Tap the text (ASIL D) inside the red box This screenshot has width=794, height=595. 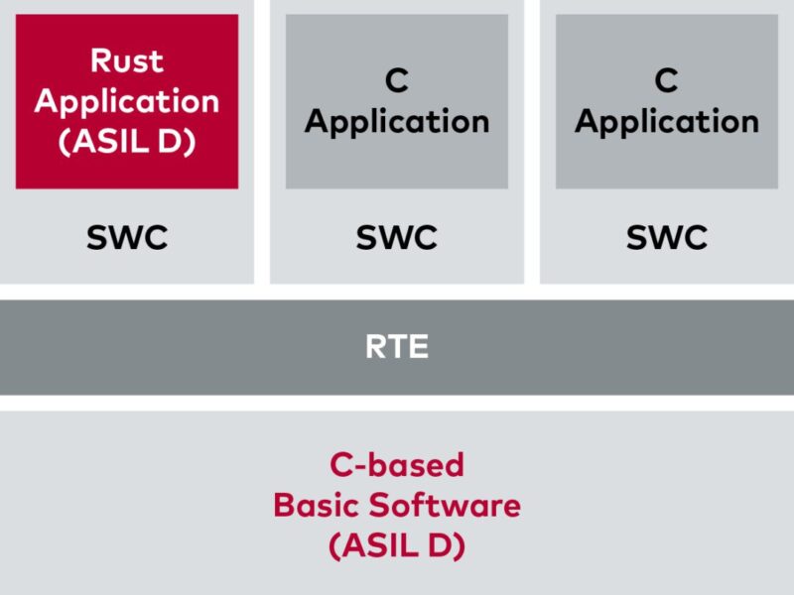pyautogui.click(x=127, y=140)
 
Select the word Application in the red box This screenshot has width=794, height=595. pyautogui.click(x=127, y=100)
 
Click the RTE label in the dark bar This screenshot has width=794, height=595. pyautogui.click(x=396, y=347)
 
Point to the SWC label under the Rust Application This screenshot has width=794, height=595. pyautogui.click(x=127, y=237)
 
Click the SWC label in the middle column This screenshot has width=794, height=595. pyautogui.click(x=396, y=237)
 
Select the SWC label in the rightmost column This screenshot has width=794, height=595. pyautogui.click(x=666, y=237)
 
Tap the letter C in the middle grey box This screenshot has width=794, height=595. pyautogui.click(x=396, y=80)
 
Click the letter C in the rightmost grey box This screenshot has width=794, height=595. pyautogui.click(x=666, y=80)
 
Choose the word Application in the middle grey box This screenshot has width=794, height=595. pyautogui.click(x=396, y=121)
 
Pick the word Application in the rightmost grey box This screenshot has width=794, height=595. pyautogui.click(x=666, y=121)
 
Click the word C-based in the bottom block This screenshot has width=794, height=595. pyautogui.click(x=396, y=465)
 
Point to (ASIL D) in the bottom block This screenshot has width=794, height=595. pyautogui.click(x=396, y=544)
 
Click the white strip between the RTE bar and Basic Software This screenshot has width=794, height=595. pyautogui.click(x=396, y=403)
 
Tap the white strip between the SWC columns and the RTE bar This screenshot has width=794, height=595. pyautogui.click(x=396, y=292)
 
